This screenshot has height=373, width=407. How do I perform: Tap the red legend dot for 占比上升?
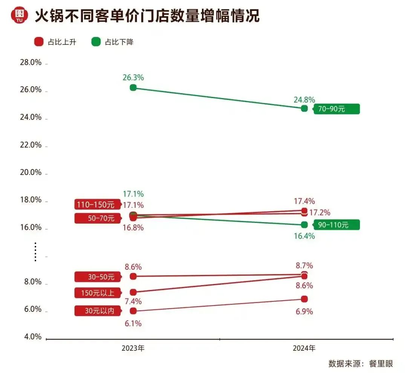38,42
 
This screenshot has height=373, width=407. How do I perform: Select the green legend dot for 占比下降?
96,42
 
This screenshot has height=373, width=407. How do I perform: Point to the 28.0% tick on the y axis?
31,63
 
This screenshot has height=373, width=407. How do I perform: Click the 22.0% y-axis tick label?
31,145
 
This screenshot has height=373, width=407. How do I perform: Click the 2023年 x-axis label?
133,348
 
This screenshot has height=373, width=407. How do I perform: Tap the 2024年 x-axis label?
304,348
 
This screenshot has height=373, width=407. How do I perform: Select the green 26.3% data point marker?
133,87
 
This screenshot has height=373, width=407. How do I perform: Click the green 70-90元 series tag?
337,109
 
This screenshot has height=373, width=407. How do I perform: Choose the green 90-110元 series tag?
337,225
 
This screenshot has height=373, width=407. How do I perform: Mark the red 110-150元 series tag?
96,205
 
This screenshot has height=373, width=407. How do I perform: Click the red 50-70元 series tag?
96,218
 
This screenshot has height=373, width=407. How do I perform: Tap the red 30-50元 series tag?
96,276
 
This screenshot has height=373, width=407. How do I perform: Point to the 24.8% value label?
304,100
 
